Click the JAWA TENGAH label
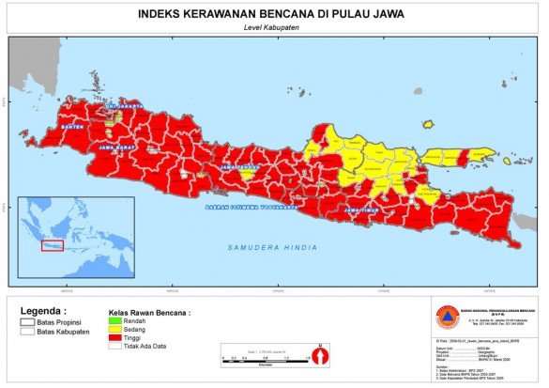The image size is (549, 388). click(239, 167)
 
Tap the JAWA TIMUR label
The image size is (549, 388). click(363, 210)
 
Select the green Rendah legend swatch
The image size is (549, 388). click(117, 320)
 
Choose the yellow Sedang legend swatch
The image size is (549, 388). click(117, 329)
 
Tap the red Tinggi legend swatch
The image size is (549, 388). click(117, 337)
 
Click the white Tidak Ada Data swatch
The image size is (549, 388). click(117, 346)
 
